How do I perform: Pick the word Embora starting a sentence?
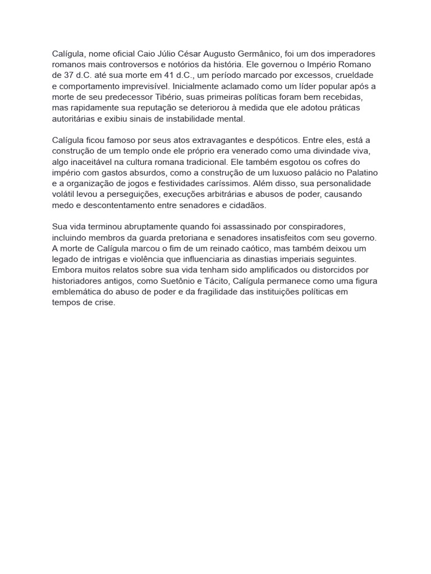coord(67,270)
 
